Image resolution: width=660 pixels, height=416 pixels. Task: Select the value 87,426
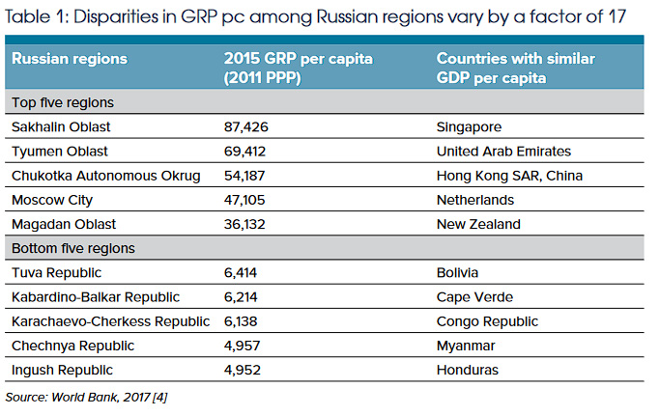(247, 126)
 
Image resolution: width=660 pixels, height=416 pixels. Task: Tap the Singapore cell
(471, 126)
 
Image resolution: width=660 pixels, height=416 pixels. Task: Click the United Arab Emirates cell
(504, 151)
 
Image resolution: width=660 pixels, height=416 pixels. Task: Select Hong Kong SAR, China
(509, 175)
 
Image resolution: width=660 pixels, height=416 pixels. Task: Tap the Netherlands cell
(475, 200)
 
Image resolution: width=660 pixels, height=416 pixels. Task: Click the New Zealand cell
(478, 224)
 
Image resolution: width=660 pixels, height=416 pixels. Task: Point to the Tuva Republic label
(51, 273)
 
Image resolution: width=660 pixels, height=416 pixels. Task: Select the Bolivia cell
(459, 273)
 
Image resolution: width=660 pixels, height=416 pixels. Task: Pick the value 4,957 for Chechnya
(243, 346)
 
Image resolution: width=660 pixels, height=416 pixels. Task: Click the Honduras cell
(469, 370)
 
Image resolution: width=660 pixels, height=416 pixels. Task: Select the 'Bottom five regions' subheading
(72, 248)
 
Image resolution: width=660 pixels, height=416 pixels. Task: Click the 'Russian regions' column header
(70, 59)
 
